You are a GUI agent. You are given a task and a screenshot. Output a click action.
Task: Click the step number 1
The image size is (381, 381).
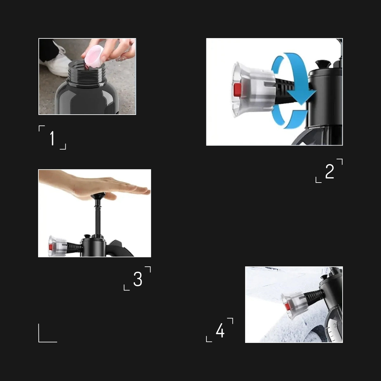click(x=52, y=138)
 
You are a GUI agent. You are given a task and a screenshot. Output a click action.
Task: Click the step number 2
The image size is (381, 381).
click(x=330, y=171)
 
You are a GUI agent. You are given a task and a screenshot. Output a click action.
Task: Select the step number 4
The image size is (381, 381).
click(x=220, y=331)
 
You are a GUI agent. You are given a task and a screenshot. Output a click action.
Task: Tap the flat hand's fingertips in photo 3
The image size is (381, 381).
click(x=141, y=190)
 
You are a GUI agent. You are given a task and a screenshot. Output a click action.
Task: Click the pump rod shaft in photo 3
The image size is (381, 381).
click(x=97, y=219)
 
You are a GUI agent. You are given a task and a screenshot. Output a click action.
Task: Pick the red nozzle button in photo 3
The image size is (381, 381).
click(x=51, y=247)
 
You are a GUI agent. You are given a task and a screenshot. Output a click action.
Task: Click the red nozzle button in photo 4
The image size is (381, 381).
click(x=287, y=306)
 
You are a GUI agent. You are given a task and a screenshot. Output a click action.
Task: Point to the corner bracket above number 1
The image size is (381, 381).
click(x=41, y=128)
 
